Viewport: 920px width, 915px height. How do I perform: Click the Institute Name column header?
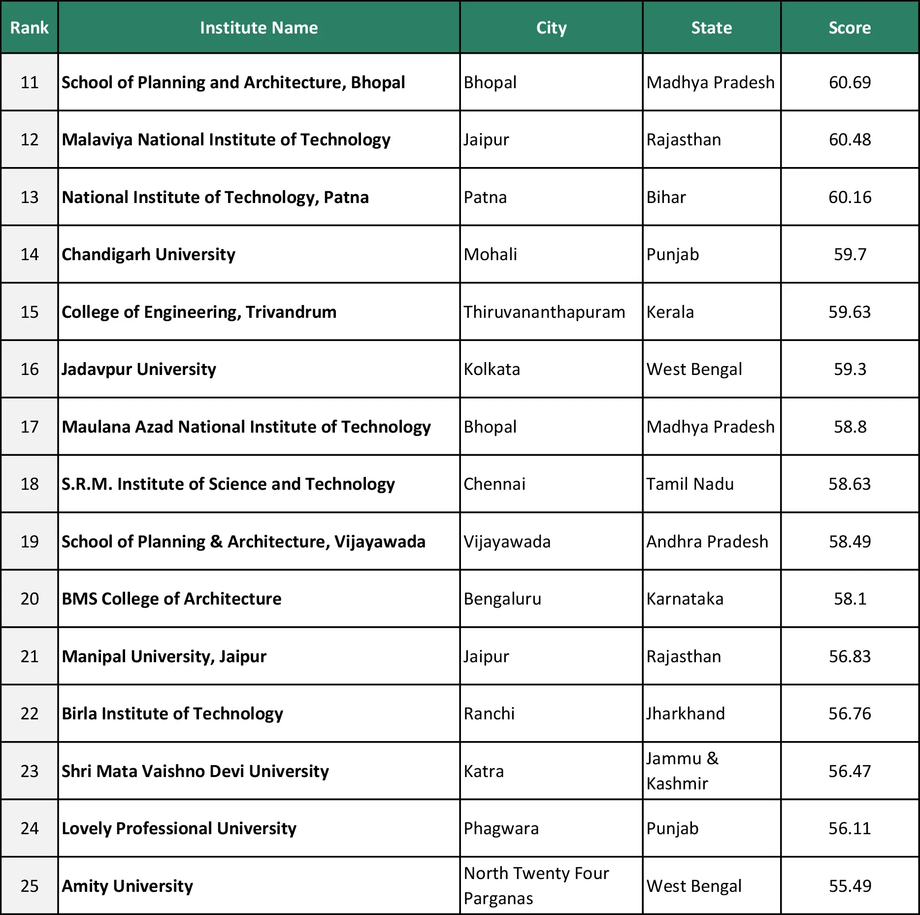click(259, 28)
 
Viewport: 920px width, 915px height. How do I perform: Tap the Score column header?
click(850, 28)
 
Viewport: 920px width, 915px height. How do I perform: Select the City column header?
click(551, 28)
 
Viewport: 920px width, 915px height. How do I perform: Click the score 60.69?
click(850, 82)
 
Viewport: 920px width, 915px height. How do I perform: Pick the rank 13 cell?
click(30, 197)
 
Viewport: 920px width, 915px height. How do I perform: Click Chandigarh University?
click(148, 254)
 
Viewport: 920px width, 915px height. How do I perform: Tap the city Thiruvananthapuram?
click(544, 312)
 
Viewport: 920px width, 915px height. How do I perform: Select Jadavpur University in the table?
click(139, 369)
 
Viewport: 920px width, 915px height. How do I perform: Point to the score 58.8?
click(850, 427)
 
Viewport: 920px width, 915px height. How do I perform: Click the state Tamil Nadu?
click(690, 484)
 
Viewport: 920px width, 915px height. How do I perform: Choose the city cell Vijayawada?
click(507, 542)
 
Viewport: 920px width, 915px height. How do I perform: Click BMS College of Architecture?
click(171, 599)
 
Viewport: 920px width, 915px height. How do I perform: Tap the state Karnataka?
click(685, 599)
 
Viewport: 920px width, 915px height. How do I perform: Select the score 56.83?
click(850, 656)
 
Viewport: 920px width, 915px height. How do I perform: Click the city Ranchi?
click(489, 713)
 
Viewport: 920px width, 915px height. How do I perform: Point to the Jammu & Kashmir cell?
click(683, 771)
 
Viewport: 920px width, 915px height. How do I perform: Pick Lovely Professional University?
click(179, 828)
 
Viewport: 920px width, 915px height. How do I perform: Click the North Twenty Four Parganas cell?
click(536, 885)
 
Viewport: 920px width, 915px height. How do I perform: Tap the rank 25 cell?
click(30, 885)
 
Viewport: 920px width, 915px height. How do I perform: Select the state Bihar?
click(666, 197)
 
